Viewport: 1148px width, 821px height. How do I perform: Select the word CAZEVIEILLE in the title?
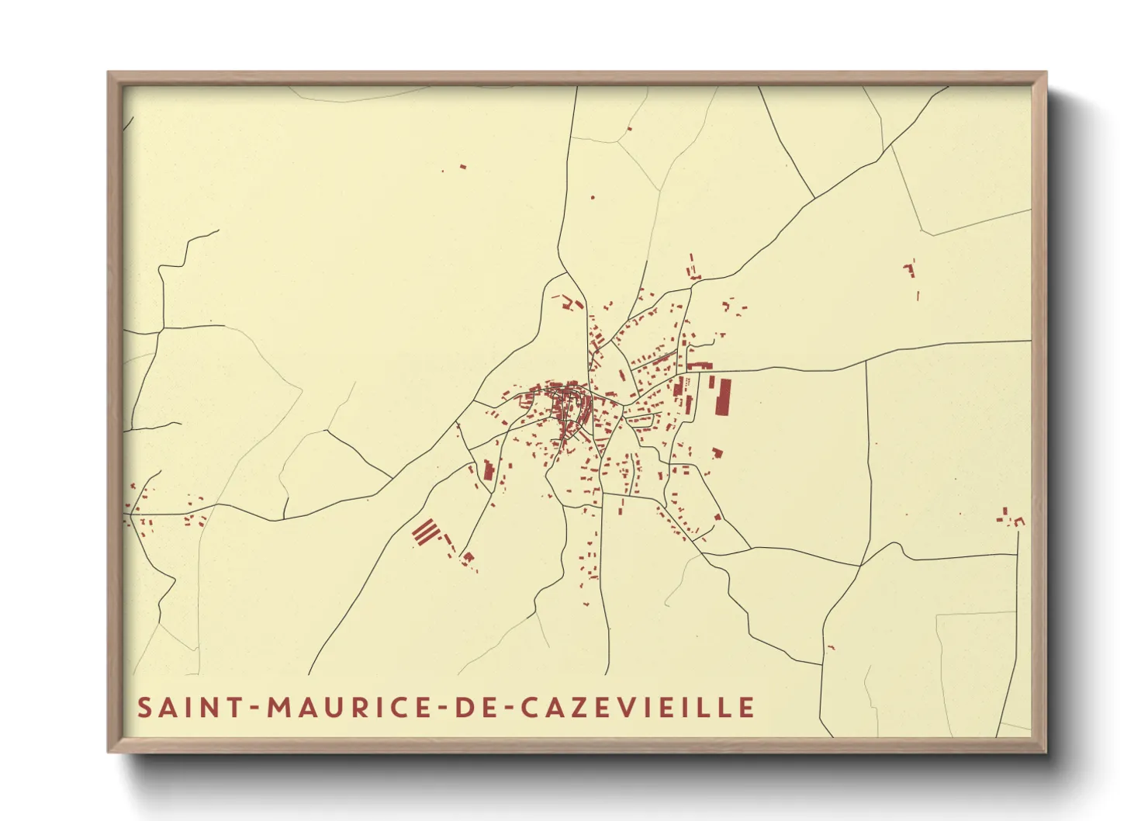(x=636, y=708)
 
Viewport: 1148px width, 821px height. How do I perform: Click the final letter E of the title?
(x=747, y=708)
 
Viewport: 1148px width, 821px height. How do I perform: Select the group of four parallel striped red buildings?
(x=425, y=532)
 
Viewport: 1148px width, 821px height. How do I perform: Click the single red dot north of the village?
(x=593, y=198)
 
